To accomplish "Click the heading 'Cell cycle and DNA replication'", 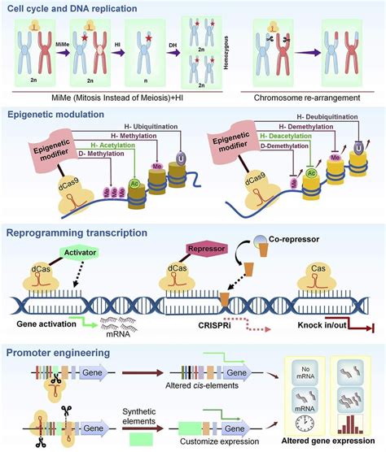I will pos(72,8).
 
